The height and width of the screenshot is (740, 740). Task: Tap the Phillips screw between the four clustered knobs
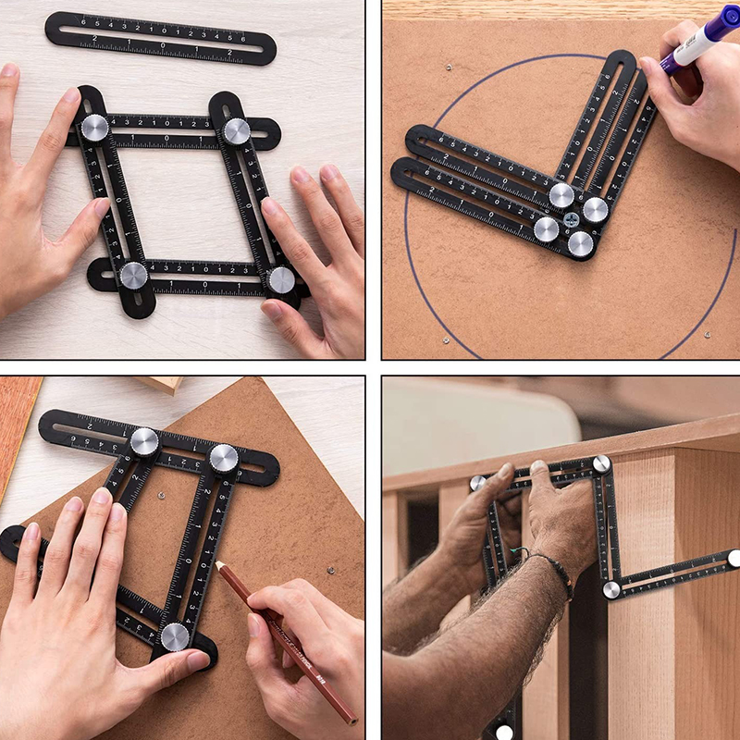tap(571, 220)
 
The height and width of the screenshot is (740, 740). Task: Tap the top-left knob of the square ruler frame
tap(94, 128)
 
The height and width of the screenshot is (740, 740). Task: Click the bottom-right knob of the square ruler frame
tap(280, 279)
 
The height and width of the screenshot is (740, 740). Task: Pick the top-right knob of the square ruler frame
tap(237, 130)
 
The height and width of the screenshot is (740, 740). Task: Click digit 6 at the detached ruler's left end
tap(83, 20)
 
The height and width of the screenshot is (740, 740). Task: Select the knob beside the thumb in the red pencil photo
tap(175, 635)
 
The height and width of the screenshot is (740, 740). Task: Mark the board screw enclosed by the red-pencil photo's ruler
tap(161, 497)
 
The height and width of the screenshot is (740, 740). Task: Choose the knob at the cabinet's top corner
tap(601, 463)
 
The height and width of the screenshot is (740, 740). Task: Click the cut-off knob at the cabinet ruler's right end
tap(734, 558)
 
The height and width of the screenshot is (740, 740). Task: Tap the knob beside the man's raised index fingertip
tap(477, 482)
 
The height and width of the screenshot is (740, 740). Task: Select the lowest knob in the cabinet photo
tap(504, 732)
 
